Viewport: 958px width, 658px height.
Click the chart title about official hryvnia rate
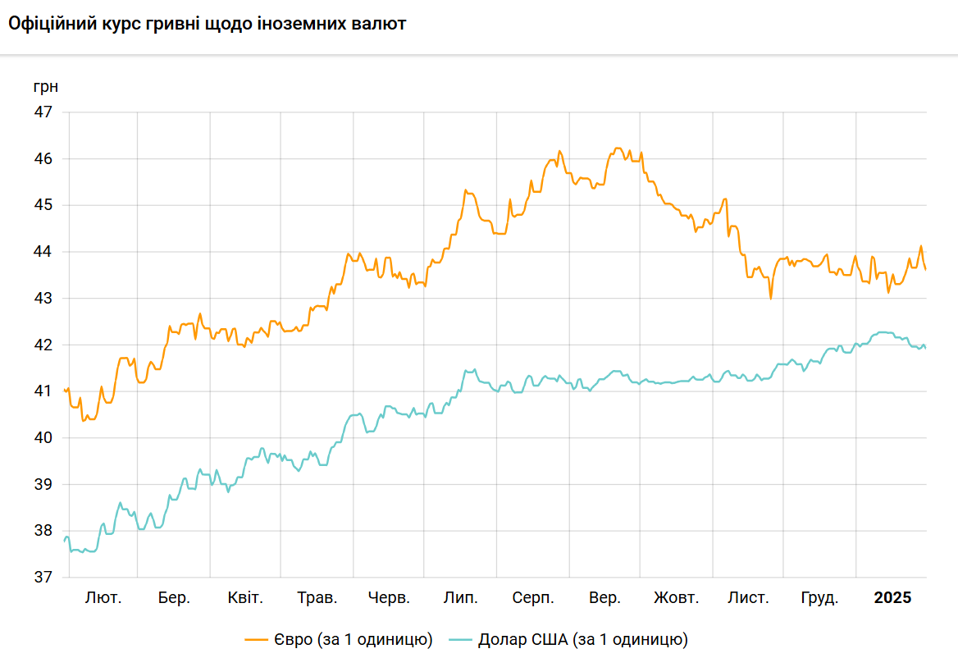click(x=207, y=24)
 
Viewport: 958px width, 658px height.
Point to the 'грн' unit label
click(x=46, y=86)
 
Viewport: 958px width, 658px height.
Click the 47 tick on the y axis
click(x=42, y=112)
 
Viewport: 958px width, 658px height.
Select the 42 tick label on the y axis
click(x=42, y=345)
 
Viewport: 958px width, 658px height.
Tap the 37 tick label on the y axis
click(x=42, y=578)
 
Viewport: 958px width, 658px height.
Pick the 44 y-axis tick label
click(x=42, y=252)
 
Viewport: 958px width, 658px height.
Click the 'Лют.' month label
click(x=103, y=598)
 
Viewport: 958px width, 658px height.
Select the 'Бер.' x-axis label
click(x=174, y=598)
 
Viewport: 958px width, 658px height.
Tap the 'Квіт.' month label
click(x=245, y=598)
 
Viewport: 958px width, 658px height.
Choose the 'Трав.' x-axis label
click(x=317, y=598)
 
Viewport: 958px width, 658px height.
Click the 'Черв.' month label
click(x=389, y=598)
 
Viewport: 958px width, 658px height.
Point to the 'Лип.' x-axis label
click(x=461, y=598)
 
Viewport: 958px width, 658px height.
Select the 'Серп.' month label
click(x=533, y=598)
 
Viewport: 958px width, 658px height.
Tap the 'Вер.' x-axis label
click(x=604, y=598)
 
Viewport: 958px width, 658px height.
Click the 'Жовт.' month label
click(x=676, y=598)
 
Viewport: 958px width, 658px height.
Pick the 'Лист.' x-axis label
click(x=748, y=598)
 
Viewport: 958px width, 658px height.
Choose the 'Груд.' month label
click(x=819, y=598)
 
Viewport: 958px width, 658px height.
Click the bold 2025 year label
click(x=892, y=598)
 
